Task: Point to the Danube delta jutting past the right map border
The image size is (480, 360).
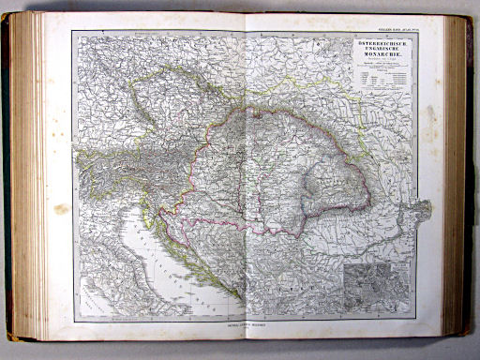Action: (x=422, y=208)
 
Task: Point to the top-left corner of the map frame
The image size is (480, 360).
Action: (x=73, y=33)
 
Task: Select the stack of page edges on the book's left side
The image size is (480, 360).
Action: (x=22, y=178)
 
